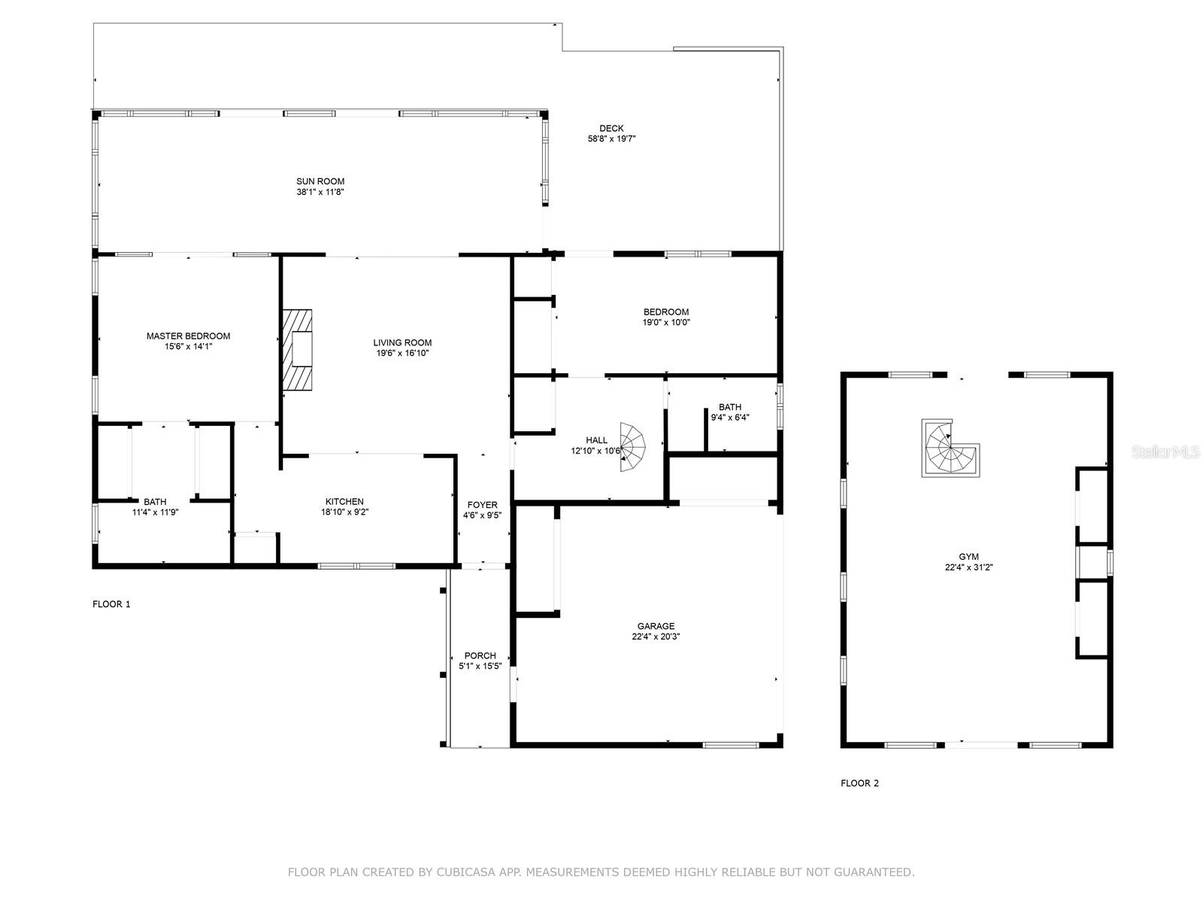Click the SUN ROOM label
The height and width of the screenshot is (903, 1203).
click(320, 181)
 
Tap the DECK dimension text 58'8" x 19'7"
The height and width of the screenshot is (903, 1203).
click(612, 139)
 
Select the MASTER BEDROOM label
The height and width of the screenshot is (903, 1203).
click(188, 336)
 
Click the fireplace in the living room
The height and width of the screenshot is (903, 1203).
click(298, 350)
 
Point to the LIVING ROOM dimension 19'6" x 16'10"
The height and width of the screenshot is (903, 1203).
click(402, 354)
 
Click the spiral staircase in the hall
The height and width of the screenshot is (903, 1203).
click(632, 448)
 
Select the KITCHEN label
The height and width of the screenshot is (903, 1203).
click(344, 502)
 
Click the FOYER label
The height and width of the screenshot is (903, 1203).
click(482, 505)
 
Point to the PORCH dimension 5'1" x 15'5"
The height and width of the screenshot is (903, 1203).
click(480, 667)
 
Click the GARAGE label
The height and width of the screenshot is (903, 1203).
click(656, 626)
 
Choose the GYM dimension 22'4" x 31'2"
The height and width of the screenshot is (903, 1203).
click(969, 568)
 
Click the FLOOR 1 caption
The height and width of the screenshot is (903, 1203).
click(111, 604)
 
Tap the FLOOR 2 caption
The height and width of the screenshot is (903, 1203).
click(859, 783)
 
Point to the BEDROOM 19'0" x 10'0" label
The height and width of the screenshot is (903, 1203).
click(666, 312)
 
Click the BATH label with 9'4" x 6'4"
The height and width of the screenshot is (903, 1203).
click(729, 407)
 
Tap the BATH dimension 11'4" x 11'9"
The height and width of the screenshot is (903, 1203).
click(155, 512)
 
